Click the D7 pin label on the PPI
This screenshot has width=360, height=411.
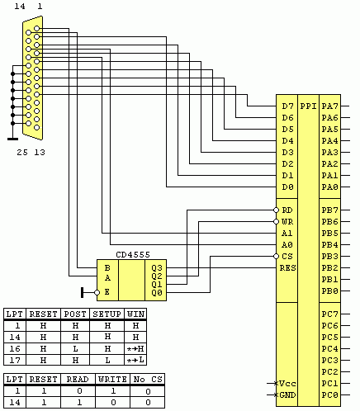(x=287, y=106)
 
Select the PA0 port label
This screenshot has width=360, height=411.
(x=329, y=187)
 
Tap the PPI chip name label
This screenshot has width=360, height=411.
(x=308, y=106)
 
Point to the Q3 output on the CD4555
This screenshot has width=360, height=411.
(x=157, y=267)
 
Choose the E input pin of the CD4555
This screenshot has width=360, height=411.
(x=107, y=291)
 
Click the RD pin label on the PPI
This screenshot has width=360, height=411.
(x=287, y=210)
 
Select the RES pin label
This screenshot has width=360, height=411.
(x=287, y=268)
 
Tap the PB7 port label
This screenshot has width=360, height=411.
(x=329, y=210)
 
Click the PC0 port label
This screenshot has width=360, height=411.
(x=329, y=395)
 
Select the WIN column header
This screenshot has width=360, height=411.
(x=135, y=314)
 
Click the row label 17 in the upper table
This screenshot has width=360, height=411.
(x=14, y=360)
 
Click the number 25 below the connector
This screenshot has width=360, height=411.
(x=21, y=153)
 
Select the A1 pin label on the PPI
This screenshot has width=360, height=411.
(x=287, y=234)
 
